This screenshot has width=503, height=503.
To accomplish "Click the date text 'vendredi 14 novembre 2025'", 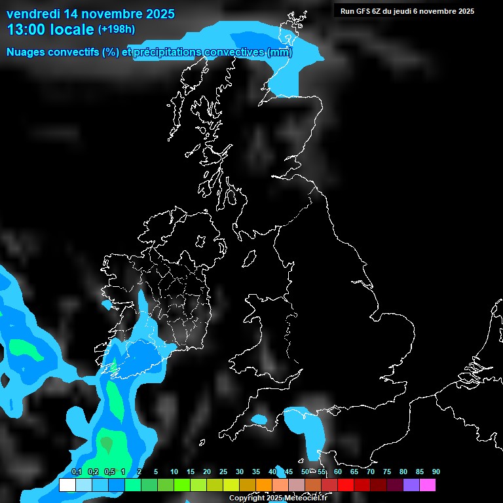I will (x=90, y=13).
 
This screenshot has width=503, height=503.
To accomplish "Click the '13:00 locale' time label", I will (x=50, y=29).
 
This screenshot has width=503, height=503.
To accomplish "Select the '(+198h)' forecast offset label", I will (x=117, y=29).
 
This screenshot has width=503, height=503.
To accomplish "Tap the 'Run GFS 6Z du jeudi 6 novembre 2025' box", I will (x=407, y=10).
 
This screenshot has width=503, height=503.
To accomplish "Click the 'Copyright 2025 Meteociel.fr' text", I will (x=278, y=498).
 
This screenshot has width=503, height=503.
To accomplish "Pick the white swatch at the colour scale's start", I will (x=67, y=485).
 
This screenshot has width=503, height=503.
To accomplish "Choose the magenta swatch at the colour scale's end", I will (x=428, y=485).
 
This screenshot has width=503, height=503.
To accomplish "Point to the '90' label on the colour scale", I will (x=436, y=472).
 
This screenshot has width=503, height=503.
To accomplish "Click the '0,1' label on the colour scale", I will (x=77, y=472).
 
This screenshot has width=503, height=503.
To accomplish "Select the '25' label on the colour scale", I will (x=223, y=472).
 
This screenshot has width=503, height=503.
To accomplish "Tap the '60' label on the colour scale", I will (x=338, y=472).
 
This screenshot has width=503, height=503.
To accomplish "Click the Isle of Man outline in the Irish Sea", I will (x=250, y=259).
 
